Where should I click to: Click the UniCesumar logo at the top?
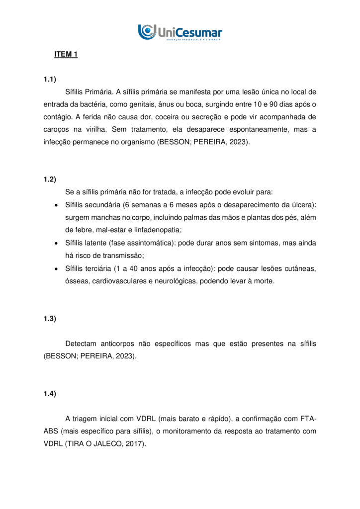pyautogui.click(x=180, y=32)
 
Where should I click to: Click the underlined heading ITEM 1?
pyautogui.click(x=66, y=55)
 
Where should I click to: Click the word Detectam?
pyautogui.click(x=83, y=344)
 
